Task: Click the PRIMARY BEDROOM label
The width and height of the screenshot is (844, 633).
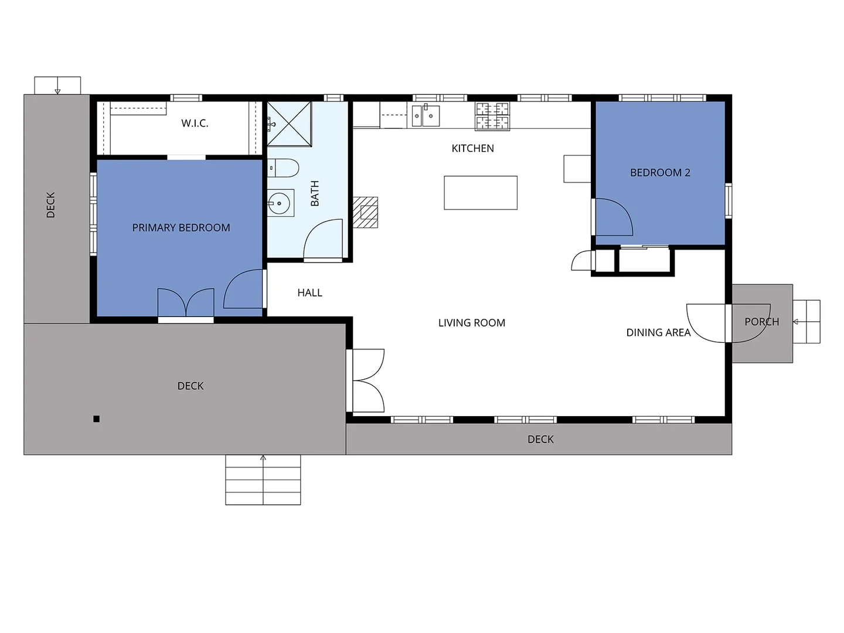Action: pyautogui.click(x=181, y=227)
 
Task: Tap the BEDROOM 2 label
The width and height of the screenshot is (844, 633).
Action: pyautogui.click(x=660, y=172)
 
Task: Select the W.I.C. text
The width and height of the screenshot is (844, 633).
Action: pyautogui.click(x=195, y=123)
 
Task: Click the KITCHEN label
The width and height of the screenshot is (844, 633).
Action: pyautogui.click(x=472, y=148)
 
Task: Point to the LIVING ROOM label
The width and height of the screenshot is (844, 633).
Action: pyautogui.click(x=471, y=322)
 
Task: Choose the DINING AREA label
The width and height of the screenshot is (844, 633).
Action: pyautogui.click(x=658, y=332)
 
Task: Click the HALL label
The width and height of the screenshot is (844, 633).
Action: pyautogui.click(x=309, y=292)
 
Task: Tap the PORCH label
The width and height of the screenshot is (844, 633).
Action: pyautogui.click(x=761, y=322)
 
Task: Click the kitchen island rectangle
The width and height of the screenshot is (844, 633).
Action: pyautogui.click(x=481, y=192)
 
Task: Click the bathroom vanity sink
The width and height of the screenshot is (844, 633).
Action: pyautogui.click(x=280, y=204)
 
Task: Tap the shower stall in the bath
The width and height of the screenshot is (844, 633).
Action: pyautogui.click(x=289, y=124)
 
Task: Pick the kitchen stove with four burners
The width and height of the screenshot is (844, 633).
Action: pyautogui.click(x=492, y=115)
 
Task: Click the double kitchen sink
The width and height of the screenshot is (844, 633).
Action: pyautogui.click(x=426, y=115)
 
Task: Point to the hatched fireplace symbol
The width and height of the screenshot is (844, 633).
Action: pyautogui.click(x=366, y=212)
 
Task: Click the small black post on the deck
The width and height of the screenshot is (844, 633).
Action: pyautogui.click(x=97, y=418)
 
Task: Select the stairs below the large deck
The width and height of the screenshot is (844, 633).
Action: pyautogui.click(x=263, y=479)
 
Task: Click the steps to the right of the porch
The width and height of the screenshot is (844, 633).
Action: pyautogui.click(x=806, y=321)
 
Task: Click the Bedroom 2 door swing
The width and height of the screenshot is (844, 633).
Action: pyautogui.click(x=612, y=217)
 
